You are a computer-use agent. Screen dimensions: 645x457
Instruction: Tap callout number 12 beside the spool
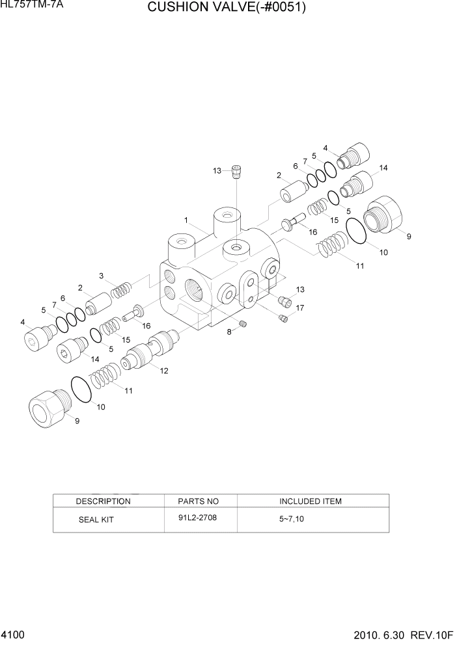pos(164,371)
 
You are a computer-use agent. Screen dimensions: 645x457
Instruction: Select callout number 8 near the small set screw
pos(228,332)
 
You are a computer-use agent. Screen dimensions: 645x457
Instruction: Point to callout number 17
pos(300,308)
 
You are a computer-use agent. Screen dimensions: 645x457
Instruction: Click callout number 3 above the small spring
pos(102,276)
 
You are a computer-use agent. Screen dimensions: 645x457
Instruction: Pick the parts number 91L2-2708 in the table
pos(198,519)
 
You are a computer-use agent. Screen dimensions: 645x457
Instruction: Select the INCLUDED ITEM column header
pos(311,501)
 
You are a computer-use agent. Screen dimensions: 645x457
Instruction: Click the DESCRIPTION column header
pos(103,501)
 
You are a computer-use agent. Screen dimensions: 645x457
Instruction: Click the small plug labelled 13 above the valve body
pos(237,171)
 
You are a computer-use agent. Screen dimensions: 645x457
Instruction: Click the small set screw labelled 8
pos(243,324)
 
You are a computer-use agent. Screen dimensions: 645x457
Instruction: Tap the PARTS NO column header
pos(199,501)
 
